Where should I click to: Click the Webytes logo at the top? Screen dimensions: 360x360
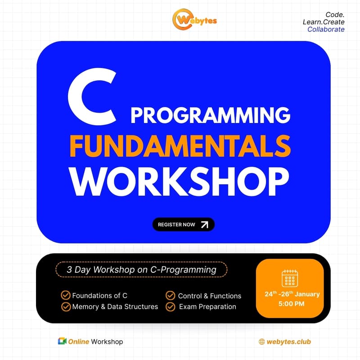[x=194, y=21]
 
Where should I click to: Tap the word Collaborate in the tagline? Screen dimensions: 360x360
[x=326, y=29]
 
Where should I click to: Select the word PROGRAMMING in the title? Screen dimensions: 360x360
[x=210, y=116]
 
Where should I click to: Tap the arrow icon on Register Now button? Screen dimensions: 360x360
[x=204, y=225]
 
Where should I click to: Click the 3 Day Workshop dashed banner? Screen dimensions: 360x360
[x=141, y=270]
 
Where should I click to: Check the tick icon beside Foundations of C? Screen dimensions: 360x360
[x=66, y=296]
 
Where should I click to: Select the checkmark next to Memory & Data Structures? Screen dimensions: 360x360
[x=66, y=306]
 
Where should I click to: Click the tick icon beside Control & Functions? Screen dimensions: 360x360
[x=170, y=296]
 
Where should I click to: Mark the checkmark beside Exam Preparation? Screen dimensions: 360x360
[x=170, y=306]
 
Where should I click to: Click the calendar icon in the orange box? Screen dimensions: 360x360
[x=289, y=278]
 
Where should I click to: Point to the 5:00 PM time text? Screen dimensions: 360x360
[x=291, y=304]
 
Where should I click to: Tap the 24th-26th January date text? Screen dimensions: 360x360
[x=292, y=294]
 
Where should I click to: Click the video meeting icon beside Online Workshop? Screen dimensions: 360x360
[x=62, y=342]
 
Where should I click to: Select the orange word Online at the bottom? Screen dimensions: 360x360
[x=79, y=342]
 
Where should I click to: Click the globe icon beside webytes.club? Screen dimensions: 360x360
[x=261, y=342]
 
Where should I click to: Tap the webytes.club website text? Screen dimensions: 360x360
[x=288, y=342]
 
